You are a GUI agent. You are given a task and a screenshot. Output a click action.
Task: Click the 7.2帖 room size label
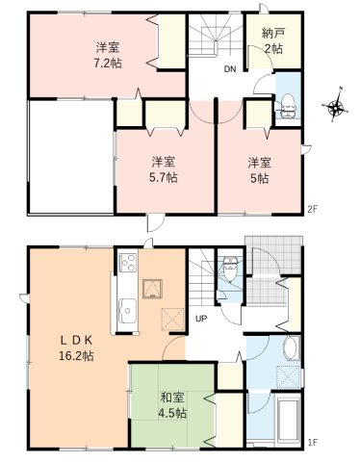click(107, 62)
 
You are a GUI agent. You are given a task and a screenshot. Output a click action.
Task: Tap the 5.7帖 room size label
click(164, 177)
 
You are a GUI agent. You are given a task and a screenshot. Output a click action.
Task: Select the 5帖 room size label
click(258, 177)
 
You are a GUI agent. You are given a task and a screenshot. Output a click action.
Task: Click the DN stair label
click(230, 69)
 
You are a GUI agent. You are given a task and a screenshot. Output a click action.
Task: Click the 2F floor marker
click(312, 209)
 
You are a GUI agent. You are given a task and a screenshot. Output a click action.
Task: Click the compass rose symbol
click(337, 107)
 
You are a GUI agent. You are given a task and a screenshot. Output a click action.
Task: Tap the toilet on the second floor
click(288, 109)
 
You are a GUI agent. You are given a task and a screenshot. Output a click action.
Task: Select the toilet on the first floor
click(228, 270)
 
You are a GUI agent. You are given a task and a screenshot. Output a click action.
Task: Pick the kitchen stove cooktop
click(127, 261)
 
